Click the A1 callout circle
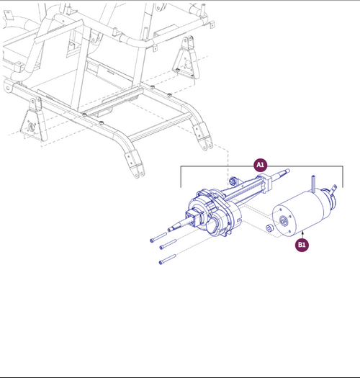coord(261,165)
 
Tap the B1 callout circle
coord(302,245)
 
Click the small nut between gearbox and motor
coord(269,229)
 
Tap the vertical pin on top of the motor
coord(315,184)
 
